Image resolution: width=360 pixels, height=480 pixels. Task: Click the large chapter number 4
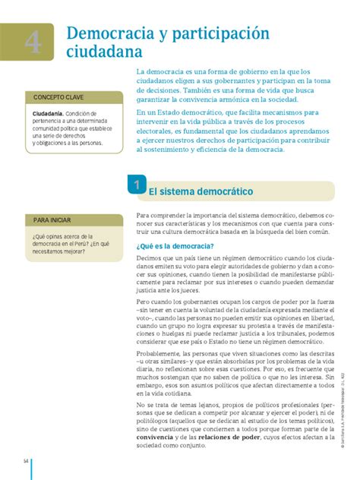coord(33,43)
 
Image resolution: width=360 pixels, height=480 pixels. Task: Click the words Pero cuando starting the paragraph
coord(156,302)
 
